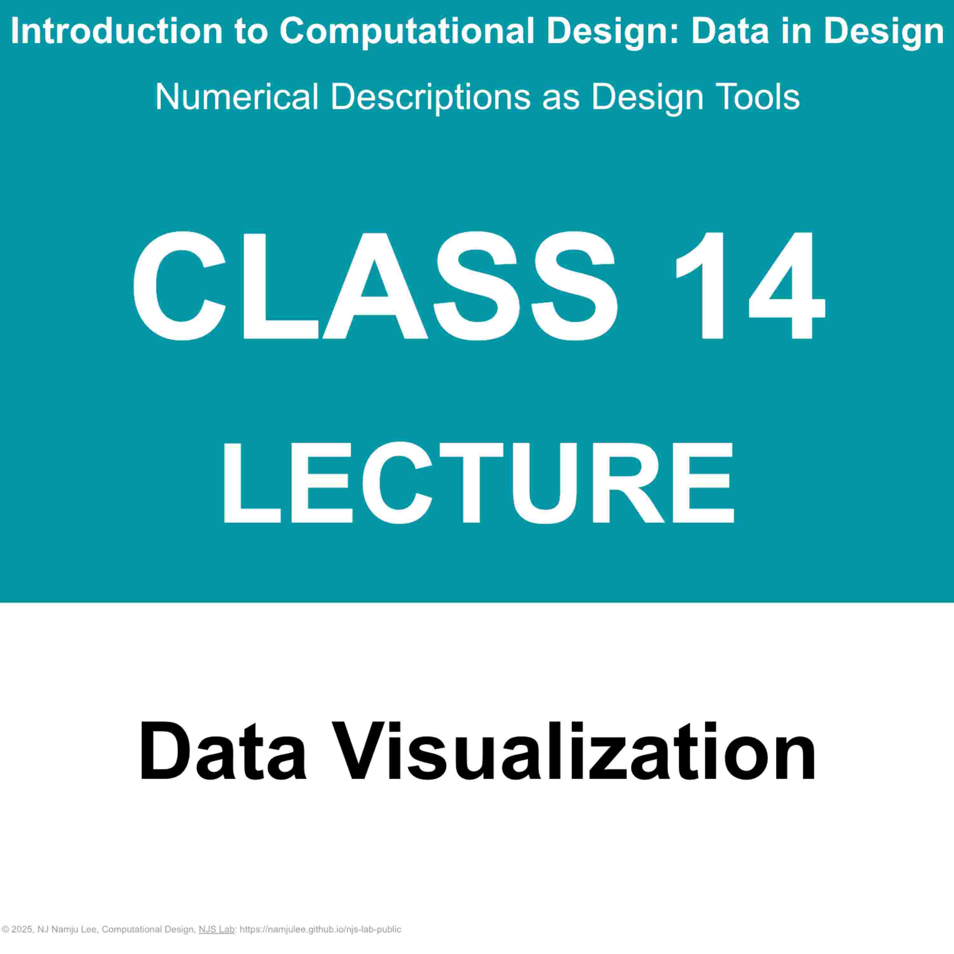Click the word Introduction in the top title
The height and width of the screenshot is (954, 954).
click(x=116, y=31)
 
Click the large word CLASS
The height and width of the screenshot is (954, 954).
click(x=375, y=287)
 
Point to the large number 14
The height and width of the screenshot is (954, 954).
click(x=750, y=287)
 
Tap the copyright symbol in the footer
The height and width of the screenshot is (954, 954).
click(x=5, y=929)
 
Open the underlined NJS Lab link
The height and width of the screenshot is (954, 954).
click(x=216, y=929)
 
